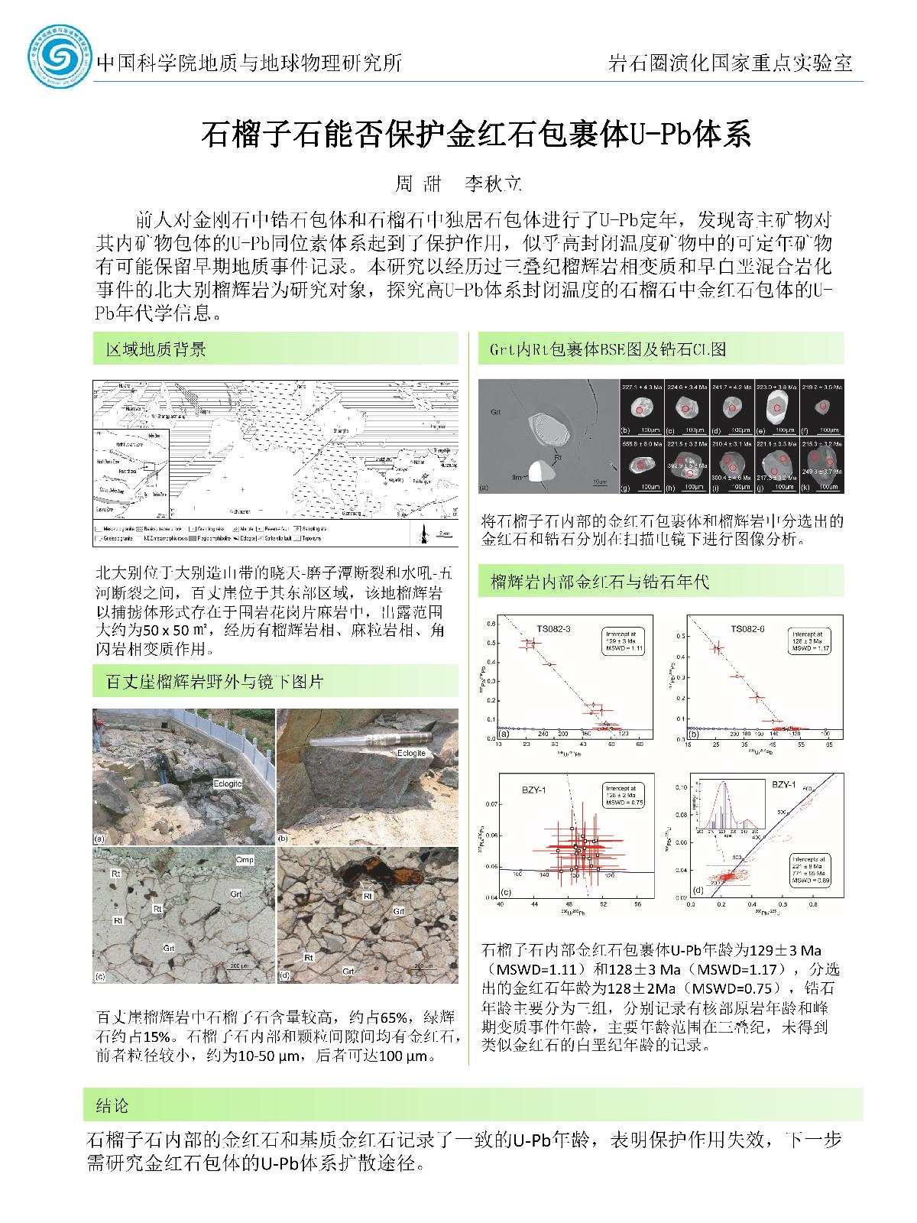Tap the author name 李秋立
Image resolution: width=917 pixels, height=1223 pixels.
[x=494, y=183]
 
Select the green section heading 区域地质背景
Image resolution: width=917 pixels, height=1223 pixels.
[x=156, y=350]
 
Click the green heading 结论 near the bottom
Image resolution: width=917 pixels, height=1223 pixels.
[x=112, y=1105]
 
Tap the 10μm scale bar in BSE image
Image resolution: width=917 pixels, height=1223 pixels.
[x=598, y=482]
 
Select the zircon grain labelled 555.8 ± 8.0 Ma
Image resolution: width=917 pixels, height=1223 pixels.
[x=640, y=463]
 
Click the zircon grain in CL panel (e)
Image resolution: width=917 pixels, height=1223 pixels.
[x=776, y=409]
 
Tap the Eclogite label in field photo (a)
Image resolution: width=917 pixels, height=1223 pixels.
[x=228, y=783]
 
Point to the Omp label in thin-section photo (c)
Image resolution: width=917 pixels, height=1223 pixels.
[x=245, y=860]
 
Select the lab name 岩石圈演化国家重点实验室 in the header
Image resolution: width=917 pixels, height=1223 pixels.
[x=730, y=63]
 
